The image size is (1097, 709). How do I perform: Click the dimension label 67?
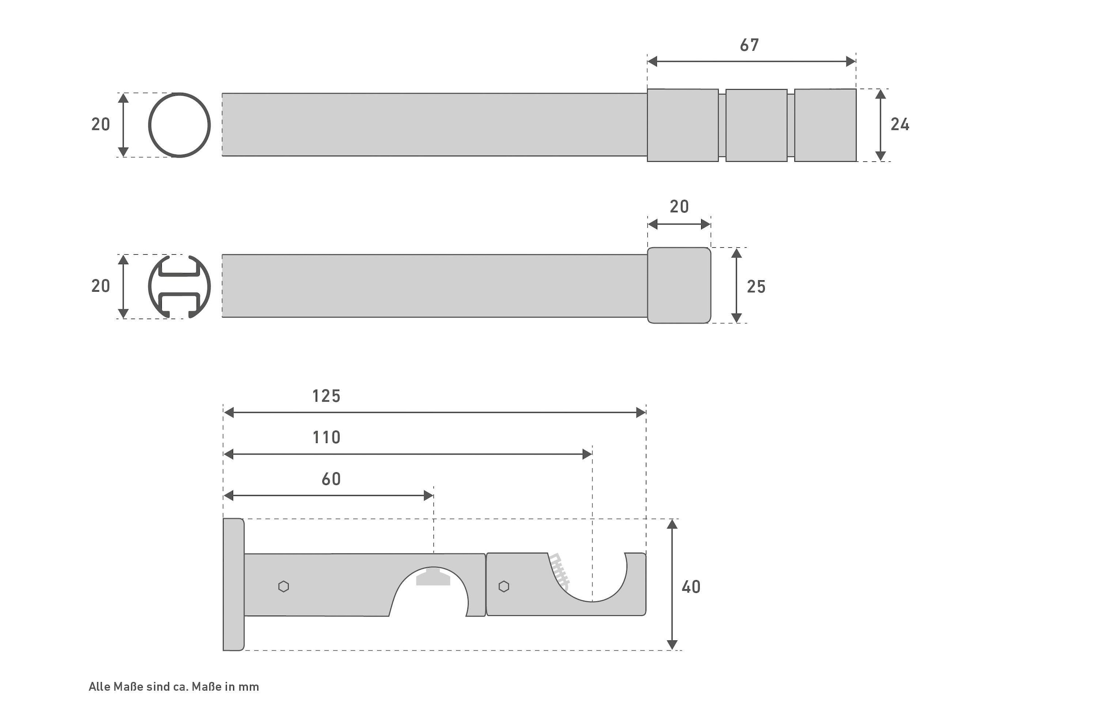749,45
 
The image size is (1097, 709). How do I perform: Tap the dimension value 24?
900,124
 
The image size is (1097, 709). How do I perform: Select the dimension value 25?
756,286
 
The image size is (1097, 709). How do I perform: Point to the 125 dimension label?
326,396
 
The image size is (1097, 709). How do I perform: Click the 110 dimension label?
326,437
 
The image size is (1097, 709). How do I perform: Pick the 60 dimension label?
331,479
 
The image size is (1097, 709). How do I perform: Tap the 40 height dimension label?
691,587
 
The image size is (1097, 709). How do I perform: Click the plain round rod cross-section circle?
180,125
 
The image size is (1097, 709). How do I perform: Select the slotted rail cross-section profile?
180,286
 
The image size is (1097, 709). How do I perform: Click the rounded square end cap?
679,285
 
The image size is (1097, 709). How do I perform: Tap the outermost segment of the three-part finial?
825,125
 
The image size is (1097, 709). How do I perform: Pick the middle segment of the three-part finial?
756,125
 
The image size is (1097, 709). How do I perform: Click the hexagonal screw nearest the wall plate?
283,586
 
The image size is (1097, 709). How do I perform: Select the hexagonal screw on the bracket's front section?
504,586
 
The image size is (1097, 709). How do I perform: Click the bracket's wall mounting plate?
234,585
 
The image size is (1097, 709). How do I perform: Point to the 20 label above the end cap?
679,207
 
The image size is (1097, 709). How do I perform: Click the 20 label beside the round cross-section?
101,124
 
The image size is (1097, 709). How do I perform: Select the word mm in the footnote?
249,687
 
